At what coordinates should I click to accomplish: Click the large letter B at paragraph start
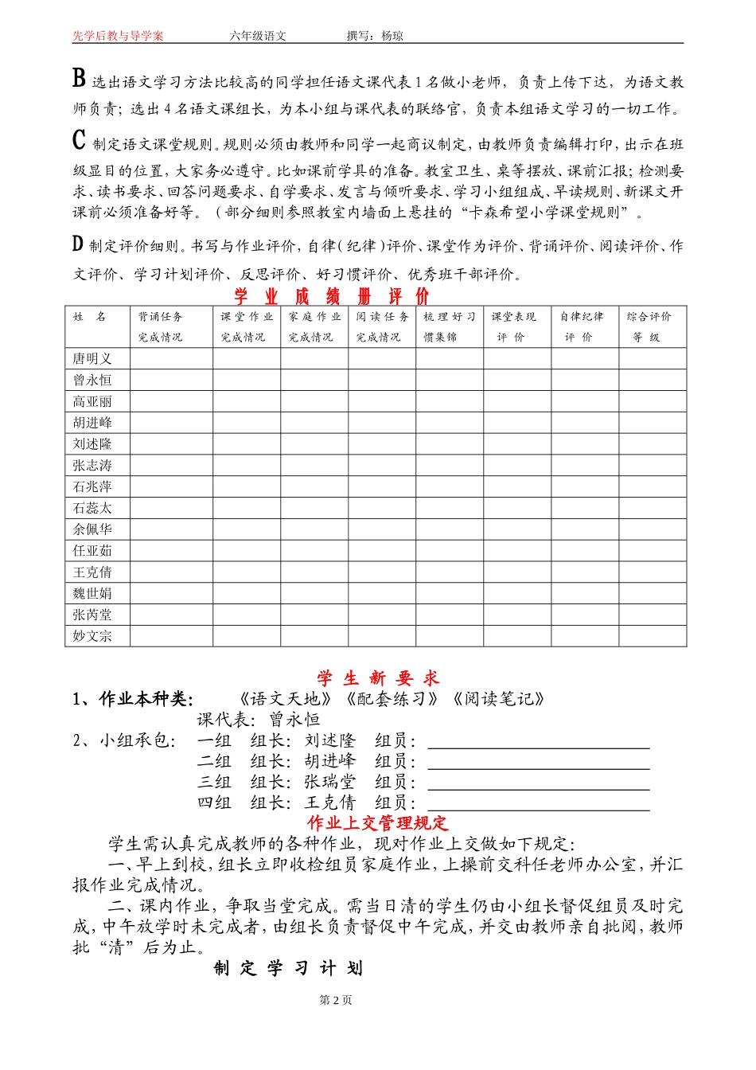coord(79,78)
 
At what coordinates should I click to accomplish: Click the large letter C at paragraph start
coord(79,140)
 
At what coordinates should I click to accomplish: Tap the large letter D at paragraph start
coord(78,244)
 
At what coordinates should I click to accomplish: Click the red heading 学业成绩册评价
coord(331,296)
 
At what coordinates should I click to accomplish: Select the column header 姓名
coord(90,317)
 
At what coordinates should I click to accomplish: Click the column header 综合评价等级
coord(649,326)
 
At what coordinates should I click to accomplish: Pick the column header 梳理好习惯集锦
coord(449,326)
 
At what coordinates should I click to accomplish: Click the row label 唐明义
coord(92,359)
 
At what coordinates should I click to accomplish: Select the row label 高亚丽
coord(92,402)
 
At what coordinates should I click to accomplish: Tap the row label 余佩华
coord(92,529)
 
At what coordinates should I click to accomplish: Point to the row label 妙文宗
coord(92,636)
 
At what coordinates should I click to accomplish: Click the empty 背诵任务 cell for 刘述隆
coord(171,444)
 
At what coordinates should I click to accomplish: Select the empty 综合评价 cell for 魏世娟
coord(653,593)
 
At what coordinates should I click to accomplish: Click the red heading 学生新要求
coord(378,678)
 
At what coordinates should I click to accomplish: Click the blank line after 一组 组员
coord(539,742)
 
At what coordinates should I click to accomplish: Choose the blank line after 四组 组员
coord(539,803)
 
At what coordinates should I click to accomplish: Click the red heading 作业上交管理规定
coord(378,823)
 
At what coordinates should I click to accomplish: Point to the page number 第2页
coord(335,1000)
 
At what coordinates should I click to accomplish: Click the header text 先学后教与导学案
coord(118,36)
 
